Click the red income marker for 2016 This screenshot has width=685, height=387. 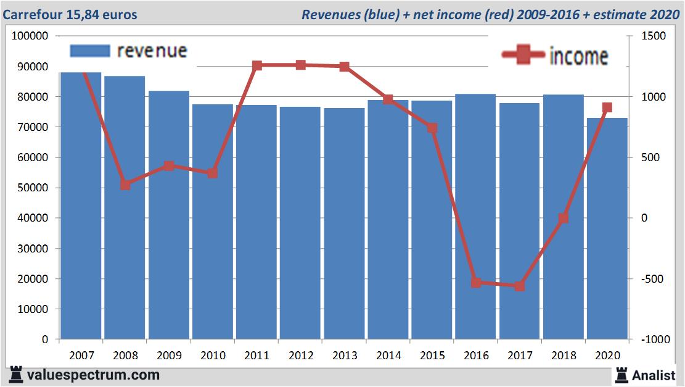[476, 282]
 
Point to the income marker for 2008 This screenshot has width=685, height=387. [125, 185]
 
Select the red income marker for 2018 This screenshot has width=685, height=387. [563, 218]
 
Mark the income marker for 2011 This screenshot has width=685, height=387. [257, 65]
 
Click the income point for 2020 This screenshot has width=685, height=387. [607, 107]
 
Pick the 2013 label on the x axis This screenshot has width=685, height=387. [345, 356]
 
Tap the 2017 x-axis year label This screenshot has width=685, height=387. [520, 356]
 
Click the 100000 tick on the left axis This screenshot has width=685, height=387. [30, 36]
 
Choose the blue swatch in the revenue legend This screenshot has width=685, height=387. [89, 51]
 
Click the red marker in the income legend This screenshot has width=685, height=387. [523, 56]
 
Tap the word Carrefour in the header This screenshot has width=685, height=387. [30, 14]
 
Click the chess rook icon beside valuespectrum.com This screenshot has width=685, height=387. [16, 375]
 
